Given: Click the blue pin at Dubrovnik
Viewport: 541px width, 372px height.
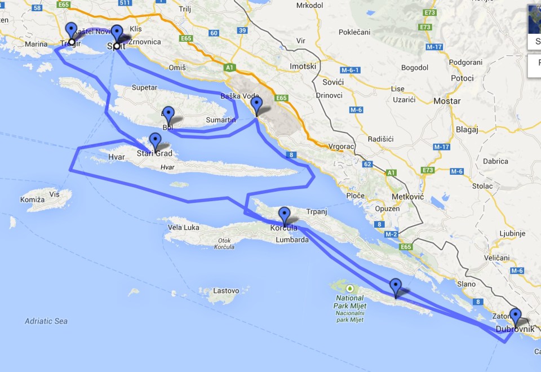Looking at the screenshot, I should coord(515,316).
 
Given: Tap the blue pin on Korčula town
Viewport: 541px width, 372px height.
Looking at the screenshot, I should coord(285,215).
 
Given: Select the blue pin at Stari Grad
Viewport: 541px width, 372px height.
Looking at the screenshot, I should coord(155,141).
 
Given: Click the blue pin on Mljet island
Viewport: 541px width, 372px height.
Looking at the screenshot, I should coord(396,286).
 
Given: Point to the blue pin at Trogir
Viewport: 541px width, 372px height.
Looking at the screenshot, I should coord(71,30).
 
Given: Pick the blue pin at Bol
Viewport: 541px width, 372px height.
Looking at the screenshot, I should coord(168,114).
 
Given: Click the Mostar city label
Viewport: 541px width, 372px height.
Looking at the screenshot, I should coord(447,101).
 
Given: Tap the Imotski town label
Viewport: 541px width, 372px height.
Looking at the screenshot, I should coord(303,67).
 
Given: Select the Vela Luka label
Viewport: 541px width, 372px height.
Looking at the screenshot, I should coord(184,228).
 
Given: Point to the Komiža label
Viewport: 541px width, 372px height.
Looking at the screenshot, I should coord(32,200).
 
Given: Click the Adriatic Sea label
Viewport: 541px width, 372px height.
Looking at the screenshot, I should coord(46,321).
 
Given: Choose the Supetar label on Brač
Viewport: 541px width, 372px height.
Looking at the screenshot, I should coord(145,88).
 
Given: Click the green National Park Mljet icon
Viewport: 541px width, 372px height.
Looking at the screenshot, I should coord(350,287).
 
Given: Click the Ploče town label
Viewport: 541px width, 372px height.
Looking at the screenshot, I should coord(356,196).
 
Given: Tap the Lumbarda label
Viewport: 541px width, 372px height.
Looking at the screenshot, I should coord(292,240).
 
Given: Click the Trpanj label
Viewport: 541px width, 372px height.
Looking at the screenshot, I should coord(316,212).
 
